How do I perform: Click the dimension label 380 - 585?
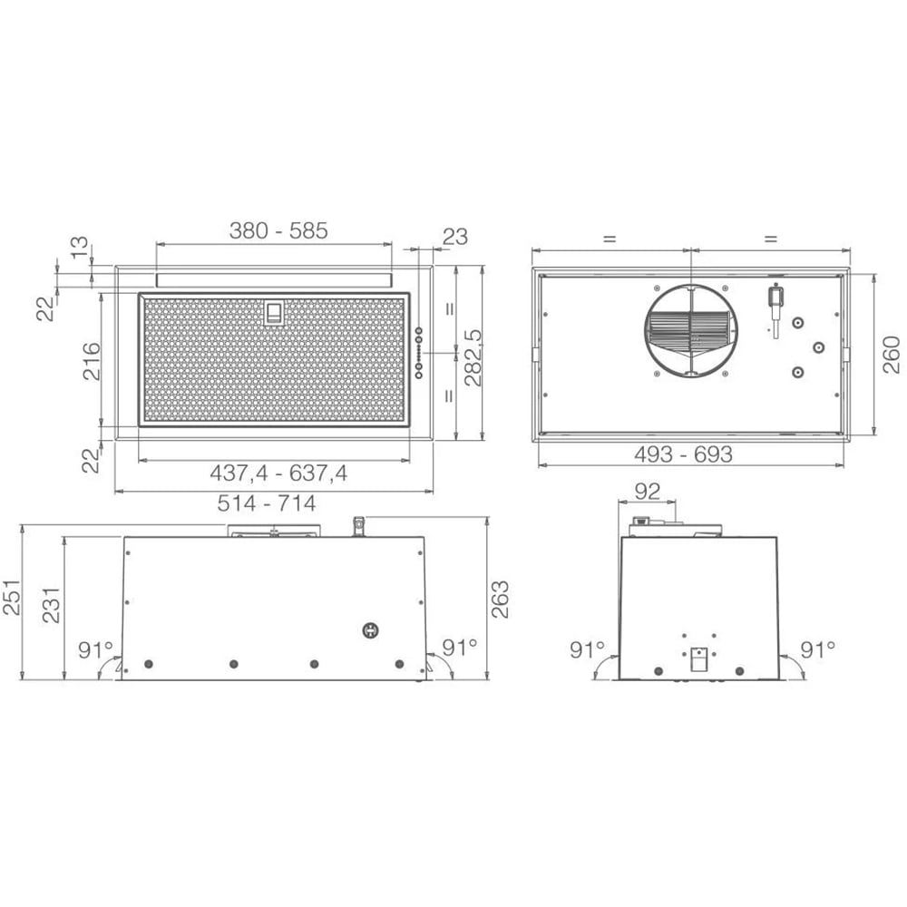278,230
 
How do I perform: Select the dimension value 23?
454,236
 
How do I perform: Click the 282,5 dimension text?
473,357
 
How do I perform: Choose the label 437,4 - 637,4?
278,473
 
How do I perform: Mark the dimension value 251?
10,598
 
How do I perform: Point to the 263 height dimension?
500,599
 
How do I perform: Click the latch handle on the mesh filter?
272,313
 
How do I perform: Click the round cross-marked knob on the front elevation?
371,630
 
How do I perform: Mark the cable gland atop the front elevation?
359,525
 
